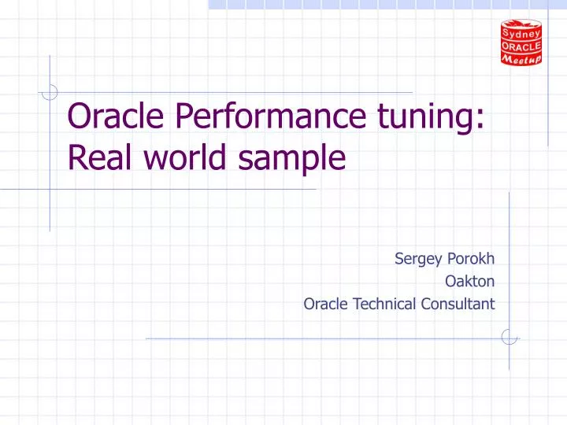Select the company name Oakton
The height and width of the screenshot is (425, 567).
pos(470,280)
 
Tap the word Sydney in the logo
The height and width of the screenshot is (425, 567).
pos(521,32)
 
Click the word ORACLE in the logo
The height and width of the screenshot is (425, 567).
pos(521,46)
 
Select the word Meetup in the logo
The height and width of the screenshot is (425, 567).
pos(521,58)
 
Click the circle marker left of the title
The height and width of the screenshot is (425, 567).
pos(50,92)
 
